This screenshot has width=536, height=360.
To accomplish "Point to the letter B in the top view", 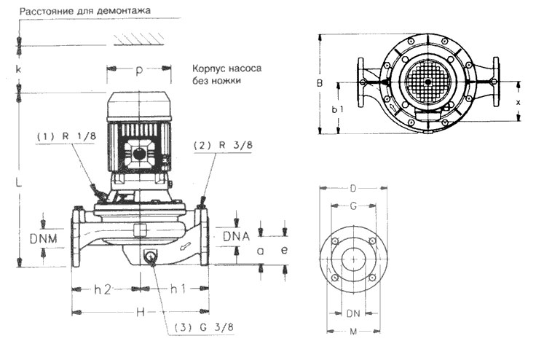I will [x=319, y=83].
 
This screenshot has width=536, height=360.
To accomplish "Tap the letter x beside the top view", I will [x=518, y=103].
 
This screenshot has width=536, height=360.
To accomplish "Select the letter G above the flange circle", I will [x=353, y=207].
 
